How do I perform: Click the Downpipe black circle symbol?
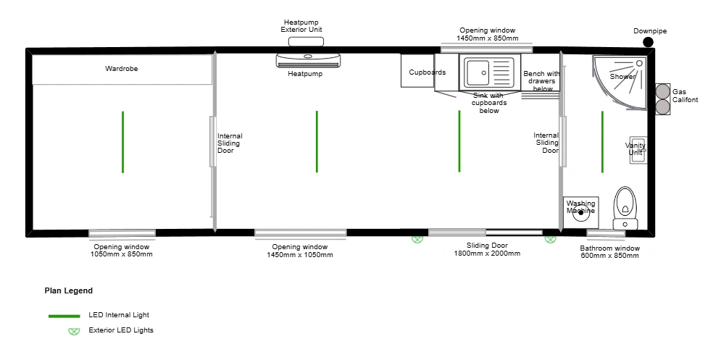(x=648, y=42)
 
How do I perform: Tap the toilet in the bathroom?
(x=625, y=208)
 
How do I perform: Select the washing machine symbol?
(x=580, y=212)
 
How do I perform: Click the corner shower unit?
(x=620, y=83)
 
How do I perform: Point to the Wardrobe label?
(x=122, y=69)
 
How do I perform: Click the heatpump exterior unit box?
(x=306, y=42)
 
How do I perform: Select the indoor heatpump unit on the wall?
(x=308, y=60)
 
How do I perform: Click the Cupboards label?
(x=428, y=72)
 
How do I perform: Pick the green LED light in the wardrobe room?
(x=122, y=142)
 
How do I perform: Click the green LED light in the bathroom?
(x=603, y=142)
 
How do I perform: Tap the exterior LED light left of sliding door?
(x=417, y=239)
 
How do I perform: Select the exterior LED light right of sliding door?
(x=550, y=239)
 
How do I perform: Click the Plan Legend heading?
(x=69, y=291)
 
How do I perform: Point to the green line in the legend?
(x=64, y=316)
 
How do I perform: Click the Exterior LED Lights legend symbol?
(x=74, y=331)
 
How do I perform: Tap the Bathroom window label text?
(x=610, y=248)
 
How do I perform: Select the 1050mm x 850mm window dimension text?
(x=122, y=254)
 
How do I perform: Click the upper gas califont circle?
(x=662, y=91)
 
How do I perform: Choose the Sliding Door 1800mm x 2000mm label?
(x=487, y=249)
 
